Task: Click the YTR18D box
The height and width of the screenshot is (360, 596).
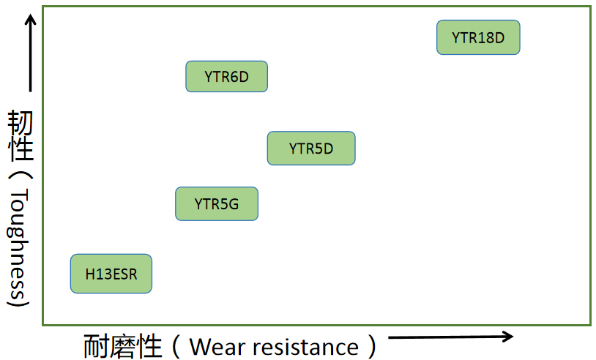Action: [x=478, y=37]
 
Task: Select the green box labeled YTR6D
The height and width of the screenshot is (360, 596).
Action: [x=226, y=76]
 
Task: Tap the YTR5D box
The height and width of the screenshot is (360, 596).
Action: [x=310, y=149]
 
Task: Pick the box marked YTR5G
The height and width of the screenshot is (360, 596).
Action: [x=217, y=203]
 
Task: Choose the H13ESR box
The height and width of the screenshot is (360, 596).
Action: [x=111, y=274]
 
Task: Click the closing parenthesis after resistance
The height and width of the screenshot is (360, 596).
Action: [x=372, y=346]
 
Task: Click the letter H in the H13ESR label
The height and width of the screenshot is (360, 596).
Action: [x=89, y=275]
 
